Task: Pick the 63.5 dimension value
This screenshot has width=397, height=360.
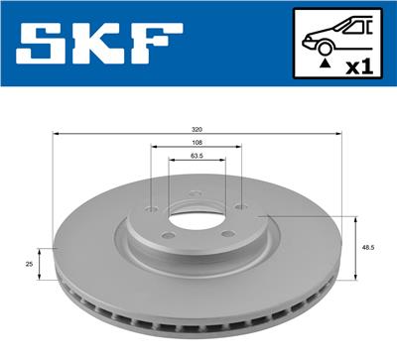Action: pos(197,156)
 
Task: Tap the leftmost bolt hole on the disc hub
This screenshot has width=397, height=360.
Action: pos(149,209)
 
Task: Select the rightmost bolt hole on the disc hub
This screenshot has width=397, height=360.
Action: pos(241,208)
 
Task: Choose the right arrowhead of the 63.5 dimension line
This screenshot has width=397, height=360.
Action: pos(224,162)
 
